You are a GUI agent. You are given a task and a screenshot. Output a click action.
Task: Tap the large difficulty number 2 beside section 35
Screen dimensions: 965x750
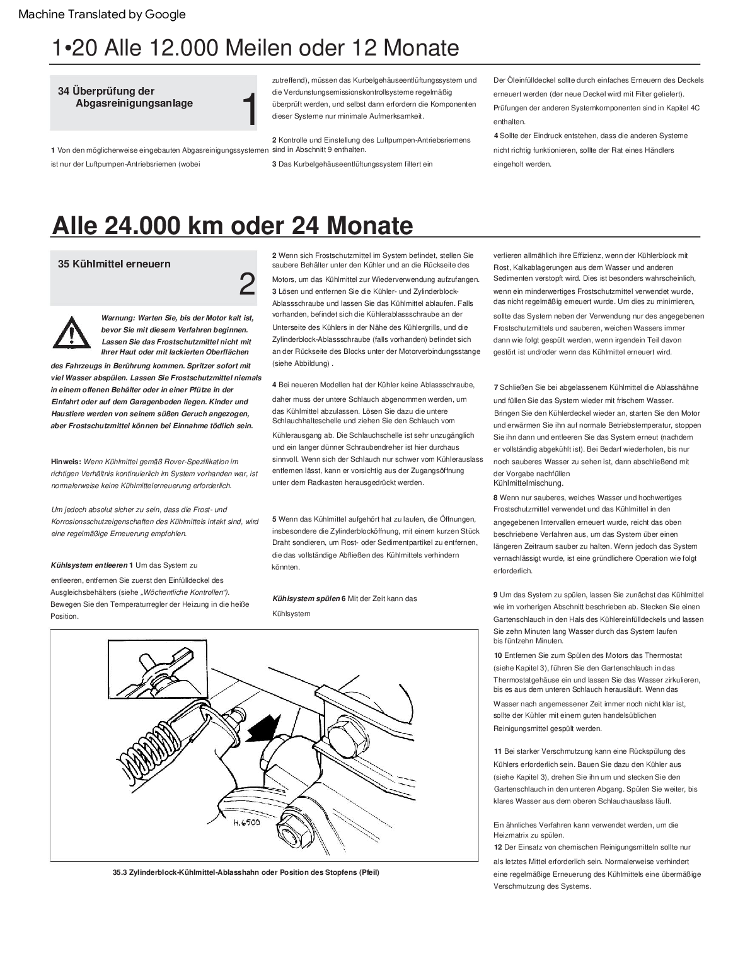[247, 284]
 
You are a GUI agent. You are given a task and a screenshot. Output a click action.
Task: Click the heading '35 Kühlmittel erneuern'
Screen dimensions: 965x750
[114, 264]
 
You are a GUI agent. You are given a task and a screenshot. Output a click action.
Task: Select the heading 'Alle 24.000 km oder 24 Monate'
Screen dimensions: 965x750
[232, 226]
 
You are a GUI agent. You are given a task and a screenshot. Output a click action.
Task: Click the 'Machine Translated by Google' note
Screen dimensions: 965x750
[102, 14]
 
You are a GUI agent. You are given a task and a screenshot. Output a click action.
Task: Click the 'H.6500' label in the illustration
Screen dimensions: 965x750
[246, 822]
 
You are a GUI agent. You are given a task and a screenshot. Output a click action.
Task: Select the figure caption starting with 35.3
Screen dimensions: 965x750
[246, 873]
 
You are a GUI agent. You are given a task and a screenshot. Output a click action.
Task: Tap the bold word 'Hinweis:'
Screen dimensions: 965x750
[66, 462]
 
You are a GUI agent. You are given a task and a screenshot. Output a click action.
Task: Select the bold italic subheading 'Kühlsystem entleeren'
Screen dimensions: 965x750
[89, 565]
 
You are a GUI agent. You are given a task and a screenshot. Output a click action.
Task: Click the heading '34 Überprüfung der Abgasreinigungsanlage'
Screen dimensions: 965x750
[125, 97]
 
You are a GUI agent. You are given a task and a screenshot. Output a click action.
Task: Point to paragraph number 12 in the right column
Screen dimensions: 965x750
[498, 847]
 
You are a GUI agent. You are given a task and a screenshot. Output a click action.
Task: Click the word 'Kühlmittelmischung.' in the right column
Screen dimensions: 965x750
[528, 483]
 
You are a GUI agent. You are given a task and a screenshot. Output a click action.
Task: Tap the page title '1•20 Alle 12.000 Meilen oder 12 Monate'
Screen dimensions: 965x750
[255, 48]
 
